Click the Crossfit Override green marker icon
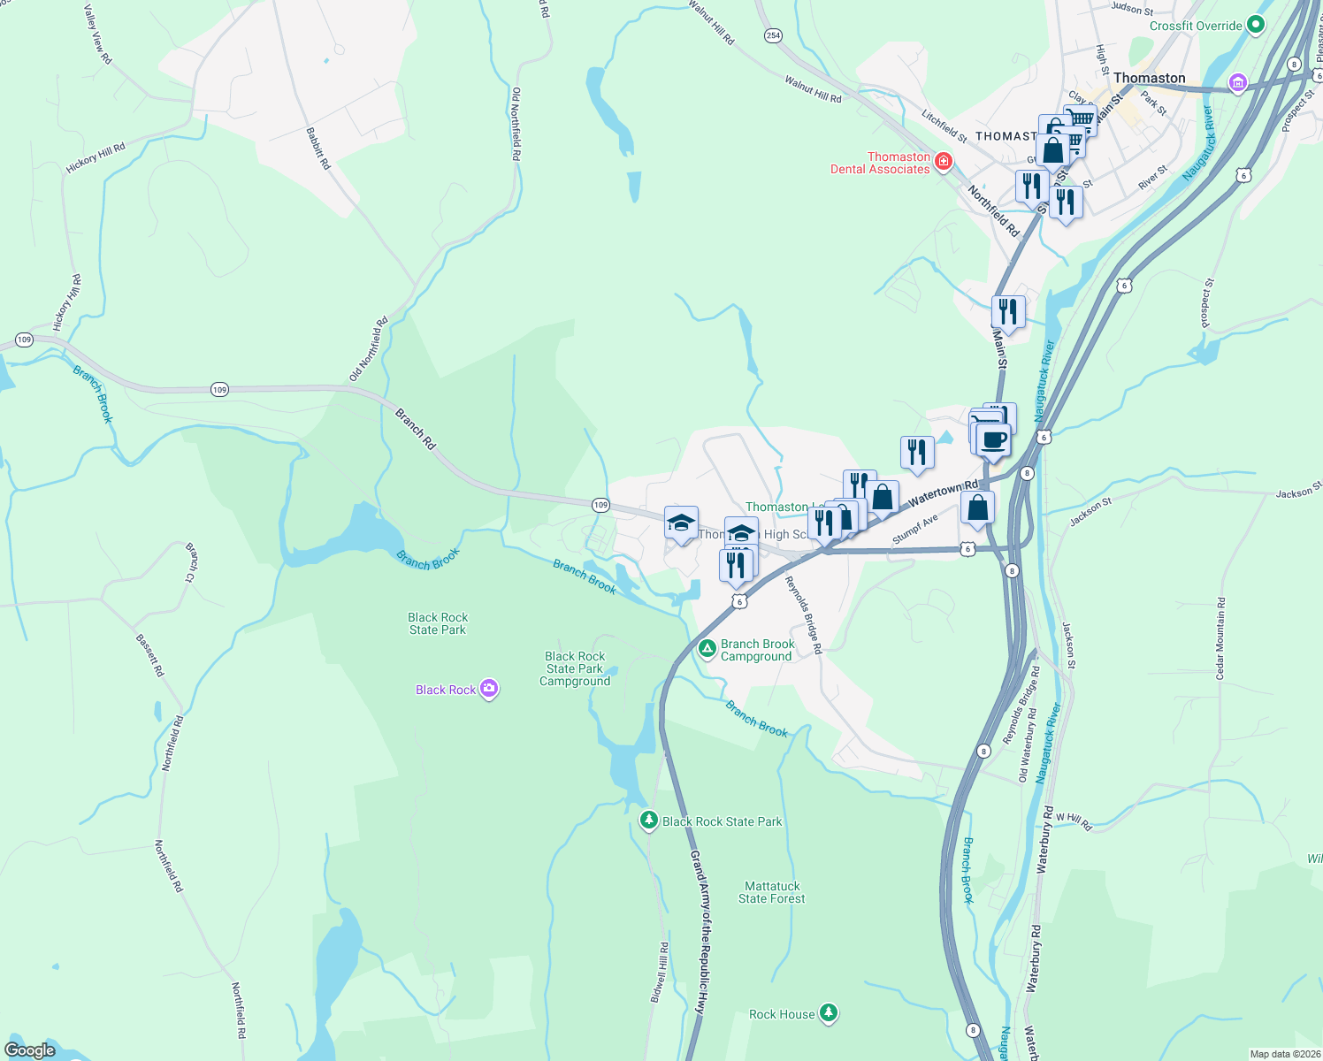[x=1255, y=26]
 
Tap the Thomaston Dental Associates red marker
[x=944, y=161]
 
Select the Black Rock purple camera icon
[x=489, y=689]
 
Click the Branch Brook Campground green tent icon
[x=707, y=650]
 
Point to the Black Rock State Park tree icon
[x=649, y=821]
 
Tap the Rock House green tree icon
[x=828, y=1012]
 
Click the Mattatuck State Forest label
[x=772, y=892]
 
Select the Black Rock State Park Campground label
[x=575, y=668]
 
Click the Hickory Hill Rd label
[x=96, y=158]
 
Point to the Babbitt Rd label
[x=318, y=149]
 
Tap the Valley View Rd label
[x=97, y=34]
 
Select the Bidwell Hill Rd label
[x=660, y=972]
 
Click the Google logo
[x=30, y=1050]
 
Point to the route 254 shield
[x=774, y=35]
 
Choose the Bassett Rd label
[x=150, y=655]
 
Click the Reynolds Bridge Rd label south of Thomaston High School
[x=804, y=614]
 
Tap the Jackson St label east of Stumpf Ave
[x=1090, y=512]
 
